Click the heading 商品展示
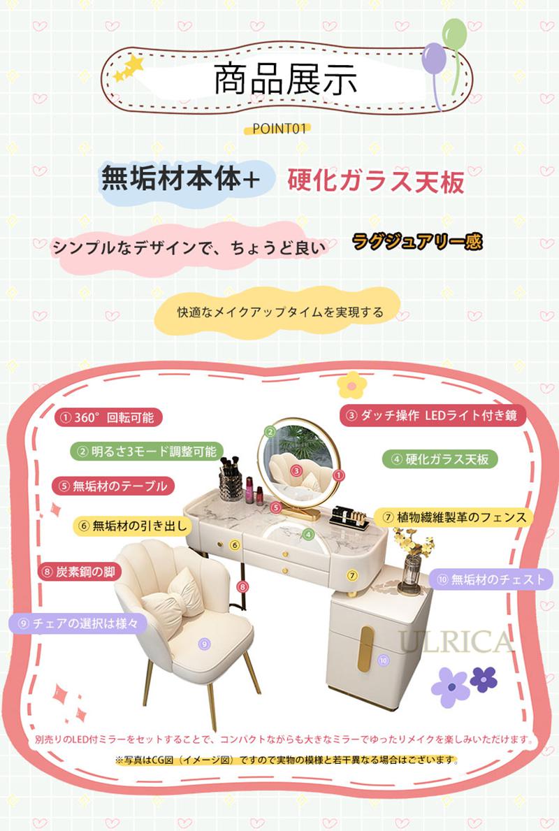[286, 80]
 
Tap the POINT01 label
[279, 129]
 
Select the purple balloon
[433, 58]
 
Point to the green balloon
[455, 34]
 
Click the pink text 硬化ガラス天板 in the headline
[376, 181]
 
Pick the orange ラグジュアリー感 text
[418, 242]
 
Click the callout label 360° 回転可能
[108, 418]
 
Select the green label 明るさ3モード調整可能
[147, 451]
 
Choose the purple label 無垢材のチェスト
[491, 580]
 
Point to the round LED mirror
[298, 458]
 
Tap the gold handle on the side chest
[365, 649]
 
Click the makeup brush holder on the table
[231, 479]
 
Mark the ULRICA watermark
[456, 643]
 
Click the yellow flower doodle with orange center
[352, 385]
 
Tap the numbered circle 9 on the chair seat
[204, 644]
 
